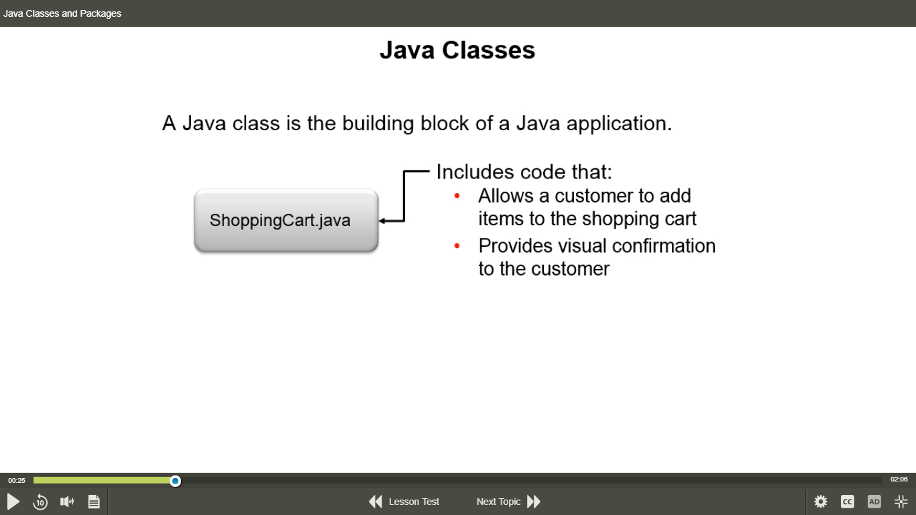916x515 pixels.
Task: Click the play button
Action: coord(13,502)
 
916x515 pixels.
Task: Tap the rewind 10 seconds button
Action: coord(40,502)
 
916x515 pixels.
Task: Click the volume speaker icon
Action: coord(67,502)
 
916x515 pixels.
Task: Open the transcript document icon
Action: coord(94,502)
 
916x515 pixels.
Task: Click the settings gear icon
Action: coord(820,502)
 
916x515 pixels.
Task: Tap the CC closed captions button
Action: coord(848,502)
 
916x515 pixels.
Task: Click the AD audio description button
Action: coord(874,502)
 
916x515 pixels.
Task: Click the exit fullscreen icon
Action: coord(901,502)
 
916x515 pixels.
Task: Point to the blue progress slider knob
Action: coord(176,481)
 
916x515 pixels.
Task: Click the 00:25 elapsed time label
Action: coord(17,480)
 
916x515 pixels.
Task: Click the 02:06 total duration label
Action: coord(899,479)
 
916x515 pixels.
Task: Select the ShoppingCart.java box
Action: coord(286,220)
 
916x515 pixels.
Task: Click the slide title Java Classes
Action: coord(457,50)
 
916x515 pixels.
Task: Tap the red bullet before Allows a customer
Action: coord(457,196)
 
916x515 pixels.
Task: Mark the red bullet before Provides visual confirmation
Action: coord(457,246)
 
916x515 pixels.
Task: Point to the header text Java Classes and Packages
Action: coord(62,13)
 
